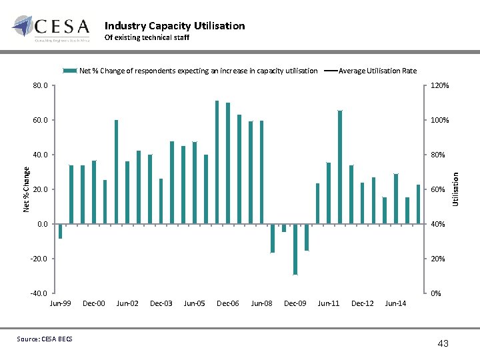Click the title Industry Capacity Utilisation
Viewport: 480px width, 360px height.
175,26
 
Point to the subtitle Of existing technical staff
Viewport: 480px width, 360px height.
147,38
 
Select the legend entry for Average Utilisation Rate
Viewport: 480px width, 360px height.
377,71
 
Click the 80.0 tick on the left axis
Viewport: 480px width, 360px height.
40,86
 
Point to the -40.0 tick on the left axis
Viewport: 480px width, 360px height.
39,293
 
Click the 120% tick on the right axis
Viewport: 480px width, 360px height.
440,86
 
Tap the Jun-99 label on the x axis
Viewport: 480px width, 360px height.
60,304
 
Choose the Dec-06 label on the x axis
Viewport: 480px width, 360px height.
228,304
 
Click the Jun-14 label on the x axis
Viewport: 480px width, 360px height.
395,304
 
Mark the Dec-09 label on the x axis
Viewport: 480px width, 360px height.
295,304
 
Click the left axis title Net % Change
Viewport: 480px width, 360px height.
27,189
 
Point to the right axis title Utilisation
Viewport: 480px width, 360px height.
456,189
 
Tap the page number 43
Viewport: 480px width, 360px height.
443,343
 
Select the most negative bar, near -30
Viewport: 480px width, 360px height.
295,249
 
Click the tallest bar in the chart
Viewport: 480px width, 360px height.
217,162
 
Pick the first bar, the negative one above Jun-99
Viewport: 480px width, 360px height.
60,231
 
